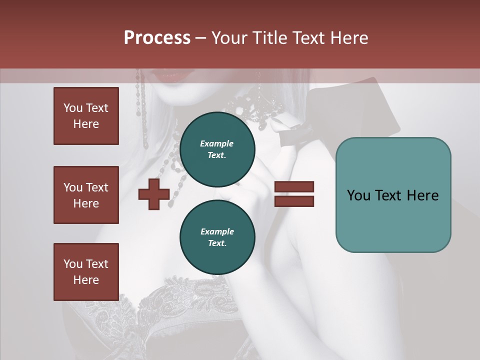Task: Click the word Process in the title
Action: pos(157,38)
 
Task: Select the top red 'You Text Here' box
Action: pos(86,116)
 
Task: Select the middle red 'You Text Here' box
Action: pos(86,195)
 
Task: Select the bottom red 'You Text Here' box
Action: pos(86,272)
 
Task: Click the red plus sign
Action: pos(154,194)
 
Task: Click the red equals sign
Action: pos(294,194)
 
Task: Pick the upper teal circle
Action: pos(217,149)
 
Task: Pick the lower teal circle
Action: pos(217,237)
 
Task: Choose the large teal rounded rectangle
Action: pos(393,195)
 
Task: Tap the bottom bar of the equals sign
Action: pos(294,201)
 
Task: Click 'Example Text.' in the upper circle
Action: pos(217,149)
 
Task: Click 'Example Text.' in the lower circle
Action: pos(217,237)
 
